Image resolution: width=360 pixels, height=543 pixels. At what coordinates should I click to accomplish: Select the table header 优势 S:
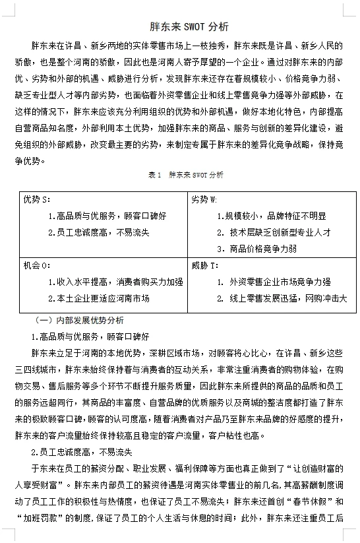[x=37, y=199]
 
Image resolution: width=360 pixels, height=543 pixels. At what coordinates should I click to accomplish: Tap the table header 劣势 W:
[x=204, y=199]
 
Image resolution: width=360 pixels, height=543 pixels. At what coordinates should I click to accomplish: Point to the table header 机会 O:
[x=37, y=266]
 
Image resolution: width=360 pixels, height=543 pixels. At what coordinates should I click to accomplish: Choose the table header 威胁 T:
[x=204, y=266]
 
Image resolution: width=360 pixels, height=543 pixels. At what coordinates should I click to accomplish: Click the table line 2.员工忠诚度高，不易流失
[x=99, y=232]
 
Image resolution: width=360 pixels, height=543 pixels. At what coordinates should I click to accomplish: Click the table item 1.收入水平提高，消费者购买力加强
[x=115, y=282]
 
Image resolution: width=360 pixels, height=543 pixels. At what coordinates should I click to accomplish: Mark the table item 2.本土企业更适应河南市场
[x=99, y=298]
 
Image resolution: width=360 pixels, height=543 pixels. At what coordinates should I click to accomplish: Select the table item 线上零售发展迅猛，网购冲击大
[x=288, y=298]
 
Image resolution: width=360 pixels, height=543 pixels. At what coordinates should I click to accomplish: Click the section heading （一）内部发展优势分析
[x=80, y=320]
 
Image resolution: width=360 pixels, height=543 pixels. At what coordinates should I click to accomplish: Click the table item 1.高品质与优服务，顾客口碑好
[x=107, y=216]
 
